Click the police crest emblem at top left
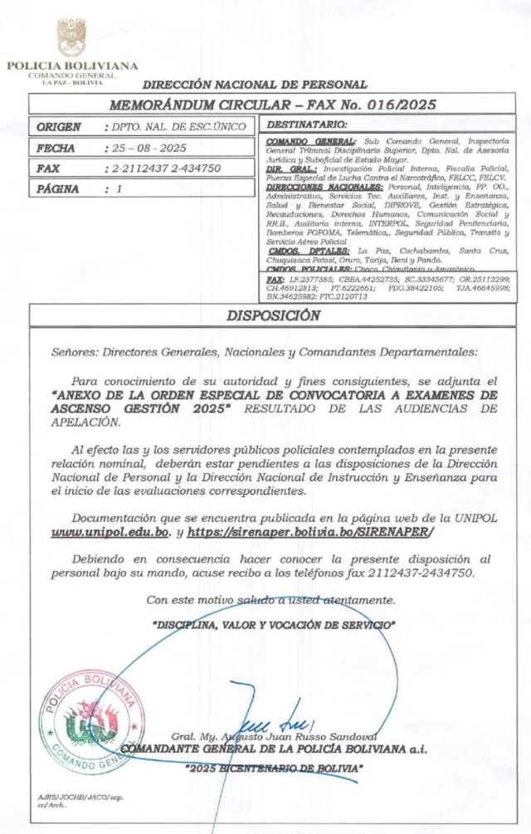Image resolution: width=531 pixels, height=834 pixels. pos(71,37)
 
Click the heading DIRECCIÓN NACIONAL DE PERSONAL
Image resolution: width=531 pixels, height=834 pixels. pos(255,85)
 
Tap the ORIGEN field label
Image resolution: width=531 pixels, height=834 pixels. pos(60,127)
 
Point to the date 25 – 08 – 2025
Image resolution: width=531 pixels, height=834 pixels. pos(151,148)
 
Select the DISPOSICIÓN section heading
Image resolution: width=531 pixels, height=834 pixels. pos(273,315)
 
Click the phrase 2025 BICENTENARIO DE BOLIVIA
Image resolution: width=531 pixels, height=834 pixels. pos(275,768)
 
